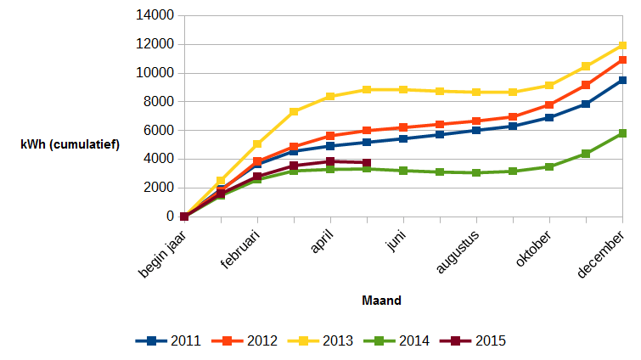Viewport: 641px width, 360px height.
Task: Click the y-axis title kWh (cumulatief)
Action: tap(70, 144)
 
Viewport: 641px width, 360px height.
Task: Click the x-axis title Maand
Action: tap(381, 301)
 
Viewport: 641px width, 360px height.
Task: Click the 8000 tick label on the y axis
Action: tap(159, 102)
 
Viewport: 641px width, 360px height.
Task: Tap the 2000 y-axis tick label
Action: tap(159, 188)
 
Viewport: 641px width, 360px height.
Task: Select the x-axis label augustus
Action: tap(458, 252)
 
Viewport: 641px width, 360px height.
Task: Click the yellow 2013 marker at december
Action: tap(622, 45)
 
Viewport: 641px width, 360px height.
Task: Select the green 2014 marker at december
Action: tap(622, 133)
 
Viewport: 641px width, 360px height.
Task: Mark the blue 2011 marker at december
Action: tap(622, 80)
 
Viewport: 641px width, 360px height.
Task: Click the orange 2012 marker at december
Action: tap(622, 59)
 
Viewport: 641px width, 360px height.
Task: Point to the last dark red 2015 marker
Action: tap(367, 163)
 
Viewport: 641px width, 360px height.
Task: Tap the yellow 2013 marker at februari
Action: tap(257, 144)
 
